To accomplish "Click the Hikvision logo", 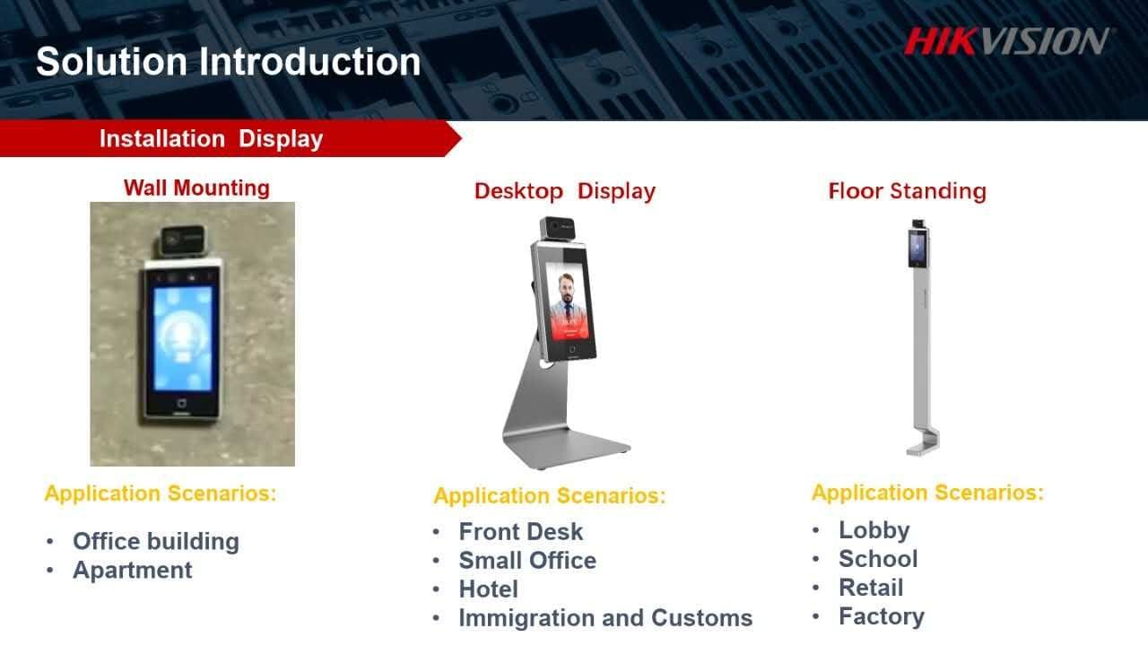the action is pos(1006,41).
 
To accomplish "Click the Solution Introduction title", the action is pos(229,62).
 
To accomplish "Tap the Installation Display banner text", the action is pos(211,138).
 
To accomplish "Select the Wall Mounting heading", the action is pos(196,188).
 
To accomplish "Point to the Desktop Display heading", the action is pos(565,192).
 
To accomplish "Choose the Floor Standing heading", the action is pos(907,191).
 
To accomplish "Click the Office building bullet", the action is pos(156,541).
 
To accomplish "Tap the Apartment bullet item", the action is pos(132,570).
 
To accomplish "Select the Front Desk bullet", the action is pos(521,532).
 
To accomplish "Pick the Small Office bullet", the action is pos(527,561).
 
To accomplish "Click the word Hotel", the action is pos(489,589).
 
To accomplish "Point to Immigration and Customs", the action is pos(605,618).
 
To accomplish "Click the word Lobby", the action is pos(874,530).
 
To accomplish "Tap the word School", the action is pos(878,559).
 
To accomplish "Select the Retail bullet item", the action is pos(871,588).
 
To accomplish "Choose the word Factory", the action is pos(882,616).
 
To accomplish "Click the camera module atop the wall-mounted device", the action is pos(182,240).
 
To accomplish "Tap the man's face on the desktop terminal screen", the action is pos(566,289).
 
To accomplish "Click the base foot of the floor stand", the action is pos(923,444).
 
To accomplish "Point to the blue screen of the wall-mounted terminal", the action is pos(182,338).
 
